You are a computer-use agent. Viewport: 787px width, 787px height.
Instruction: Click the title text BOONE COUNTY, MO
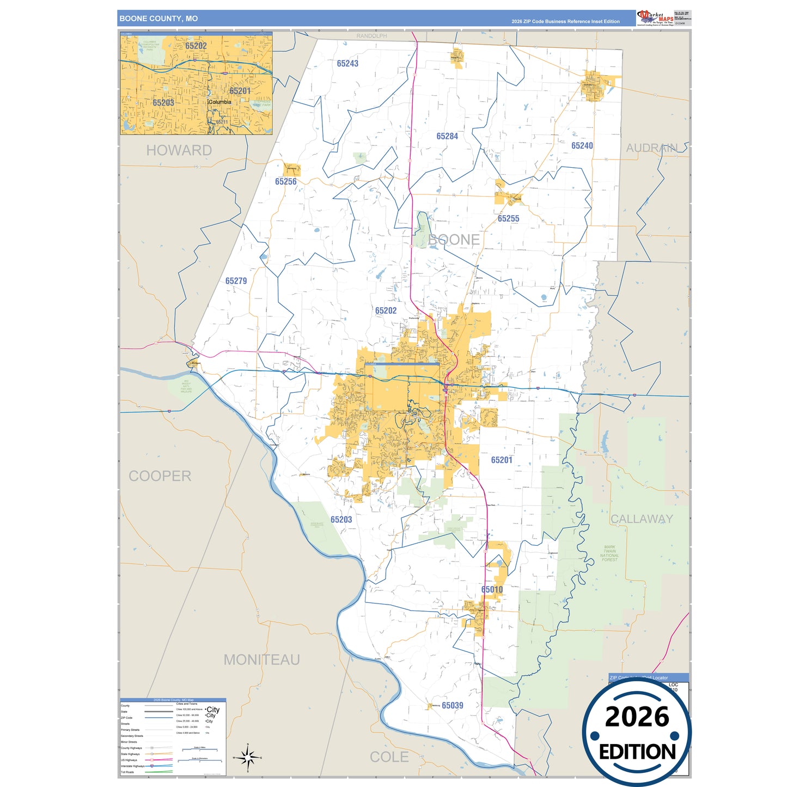(158, 19)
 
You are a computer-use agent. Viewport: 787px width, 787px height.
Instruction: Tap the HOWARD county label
(179, 150)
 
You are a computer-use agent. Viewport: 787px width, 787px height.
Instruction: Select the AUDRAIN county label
(651, 148)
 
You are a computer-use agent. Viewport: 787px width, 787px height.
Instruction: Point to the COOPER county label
(160, 476)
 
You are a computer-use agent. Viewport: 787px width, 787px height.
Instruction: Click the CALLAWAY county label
(642, 519)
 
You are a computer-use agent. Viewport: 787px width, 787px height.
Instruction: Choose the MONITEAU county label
(261, 660)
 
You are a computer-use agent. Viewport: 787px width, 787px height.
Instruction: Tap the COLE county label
(389, 757)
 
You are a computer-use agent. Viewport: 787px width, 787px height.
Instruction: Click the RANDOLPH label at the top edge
(371, 36)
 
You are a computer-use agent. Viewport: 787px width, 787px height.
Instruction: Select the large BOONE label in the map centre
(454, 240)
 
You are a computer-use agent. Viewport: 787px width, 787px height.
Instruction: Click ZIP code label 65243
(347, 64)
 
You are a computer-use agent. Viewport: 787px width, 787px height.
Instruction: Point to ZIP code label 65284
(447, 136)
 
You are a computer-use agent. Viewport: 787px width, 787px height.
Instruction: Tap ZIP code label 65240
(582, 146)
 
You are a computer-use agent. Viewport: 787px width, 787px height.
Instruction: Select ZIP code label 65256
(286, 182)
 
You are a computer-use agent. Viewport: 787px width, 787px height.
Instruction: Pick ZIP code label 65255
(508, 218)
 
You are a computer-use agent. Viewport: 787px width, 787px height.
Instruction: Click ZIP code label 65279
(236, 281)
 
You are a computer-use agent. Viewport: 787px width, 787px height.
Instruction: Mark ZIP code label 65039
(453, 706)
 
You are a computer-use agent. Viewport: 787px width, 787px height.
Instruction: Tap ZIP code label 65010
(492, 590)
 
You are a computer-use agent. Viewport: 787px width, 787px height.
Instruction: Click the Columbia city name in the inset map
(219, 102)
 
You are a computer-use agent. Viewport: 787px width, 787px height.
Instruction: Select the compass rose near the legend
(247, 757)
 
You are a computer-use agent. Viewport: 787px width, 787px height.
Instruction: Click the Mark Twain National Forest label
(609, 553)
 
